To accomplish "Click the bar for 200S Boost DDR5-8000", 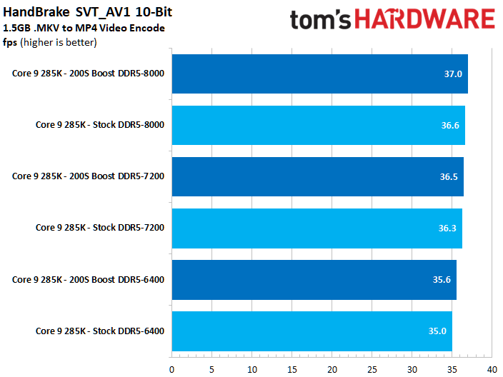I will pos(319,74).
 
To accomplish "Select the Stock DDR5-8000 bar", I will pos(318,125).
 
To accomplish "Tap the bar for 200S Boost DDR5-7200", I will pos(317,176).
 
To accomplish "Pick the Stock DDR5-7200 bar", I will pos(317,228).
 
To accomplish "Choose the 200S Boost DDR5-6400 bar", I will pos(314,279).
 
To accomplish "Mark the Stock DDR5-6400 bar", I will pos(312,331).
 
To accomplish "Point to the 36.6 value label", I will pos(450,125).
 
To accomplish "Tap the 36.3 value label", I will pos(447,228).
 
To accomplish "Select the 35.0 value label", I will pos(437,331).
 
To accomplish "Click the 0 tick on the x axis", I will pos(171,369).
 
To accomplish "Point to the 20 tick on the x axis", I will pos(332,369).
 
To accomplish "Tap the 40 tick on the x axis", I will pos(492,369).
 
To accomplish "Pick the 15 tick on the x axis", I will pos(292,369).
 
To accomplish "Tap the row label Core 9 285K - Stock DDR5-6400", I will pos(100,331).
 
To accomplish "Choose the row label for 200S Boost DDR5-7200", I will pos(88,176).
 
